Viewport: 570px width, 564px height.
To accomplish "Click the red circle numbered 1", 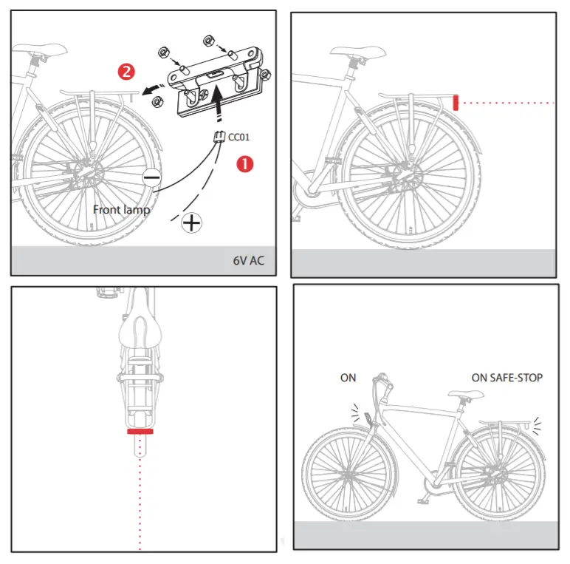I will (x=244, y=163).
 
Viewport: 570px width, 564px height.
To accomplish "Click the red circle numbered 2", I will (x=127, y=72).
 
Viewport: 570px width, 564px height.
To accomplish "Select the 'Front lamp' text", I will (x=121, y=209).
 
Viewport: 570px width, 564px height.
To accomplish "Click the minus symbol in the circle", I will (x=152, y=177).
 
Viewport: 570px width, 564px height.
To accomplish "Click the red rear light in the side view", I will (x=456, y=102).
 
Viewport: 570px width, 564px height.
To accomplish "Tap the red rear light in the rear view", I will (x=140, y=430).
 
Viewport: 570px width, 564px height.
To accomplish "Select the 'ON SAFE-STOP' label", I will (x=507, y=378).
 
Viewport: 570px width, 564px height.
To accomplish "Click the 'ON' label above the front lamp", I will (x=348, y=378).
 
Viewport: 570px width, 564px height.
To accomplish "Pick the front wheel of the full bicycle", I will (x=344, y=474).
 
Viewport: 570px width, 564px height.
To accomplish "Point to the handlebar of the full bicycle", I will (x=382, y=381).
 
